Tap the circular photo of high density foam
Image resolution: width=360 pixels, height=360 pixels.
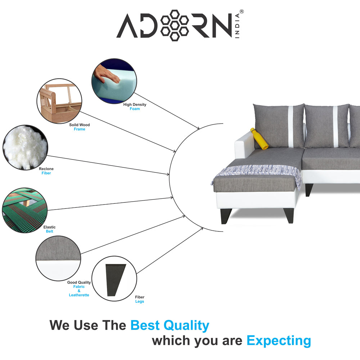click(114, 81)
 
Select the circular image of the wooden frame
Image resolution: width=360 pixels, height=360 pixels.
click(59, 101)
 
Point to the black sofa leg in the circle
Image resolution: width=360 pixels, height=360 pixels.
click(114, 279)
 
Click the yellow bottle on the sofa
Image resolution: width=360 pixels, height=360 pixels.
click(259, 139)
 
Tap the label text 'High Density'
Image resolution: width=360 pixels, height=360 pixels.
click(135, 104)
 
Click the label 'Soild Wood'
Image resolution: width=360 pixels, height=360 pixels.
click(80, 125)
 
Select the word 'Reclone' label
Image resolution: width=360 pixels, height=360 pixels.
click(46, 169)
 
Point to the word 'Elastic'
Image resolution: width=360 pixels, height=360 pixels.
click(49, 227)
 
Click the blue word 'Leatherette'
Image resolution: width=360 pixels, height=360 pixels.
click(79, 295)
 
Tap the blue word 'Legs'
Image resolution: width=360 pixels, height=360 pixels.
click(140, 301)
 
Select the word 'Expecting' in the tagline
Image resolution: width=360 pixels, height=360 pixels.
click(279, 340)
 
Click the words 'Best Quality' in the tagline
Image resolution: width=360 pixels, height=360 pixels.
click(170, 325)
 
